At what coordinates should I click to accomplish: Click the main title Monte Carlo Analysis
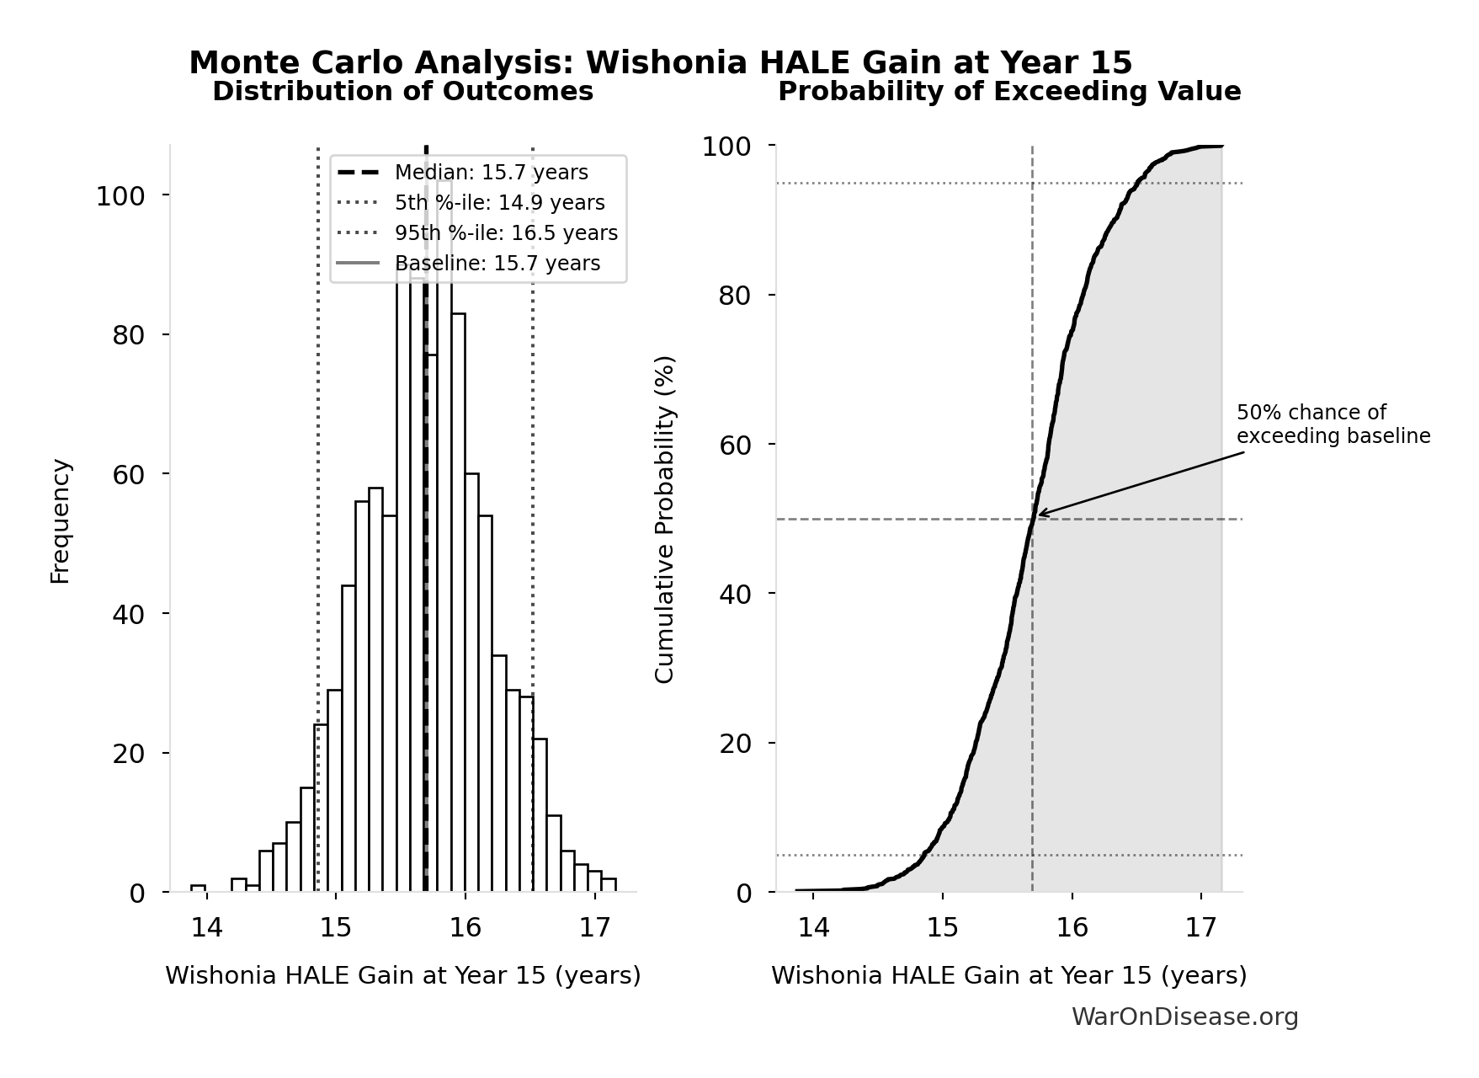click(660, 63)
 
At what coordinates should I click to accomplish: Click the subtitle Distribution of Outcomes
click(402, 92)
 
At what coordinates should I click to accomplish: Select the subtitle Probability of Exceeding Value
click(1008, 92)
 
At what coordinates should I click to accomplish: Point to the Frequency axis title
click(61, 520)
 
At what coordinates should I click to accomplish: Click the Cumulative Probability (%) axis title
click(665, 520)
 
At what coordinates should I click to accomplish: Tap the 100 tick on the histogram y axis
click(120, 196)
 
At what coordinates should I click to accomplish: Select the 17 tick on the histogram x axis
click(594, 928)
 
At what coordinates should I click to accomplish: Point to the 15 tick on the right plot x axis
click(943, 928)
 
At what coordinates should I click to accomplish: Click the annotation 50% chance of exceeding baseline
click(1333, 424)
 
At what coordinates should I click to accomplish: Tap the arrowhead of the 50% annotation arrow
click(1040, 514)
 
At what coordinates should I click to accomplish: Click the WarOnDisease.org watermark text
click(1184, 1017)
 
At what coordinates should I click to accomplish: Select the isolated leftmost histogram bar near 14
click(198, 888)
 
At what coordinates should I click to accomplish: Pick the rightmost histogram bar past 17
click(609, 884)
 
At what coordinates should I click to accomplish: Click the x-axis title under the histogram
click(402, 975)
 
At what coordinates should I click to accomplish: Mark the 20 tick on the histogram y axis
click(129, 754)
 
